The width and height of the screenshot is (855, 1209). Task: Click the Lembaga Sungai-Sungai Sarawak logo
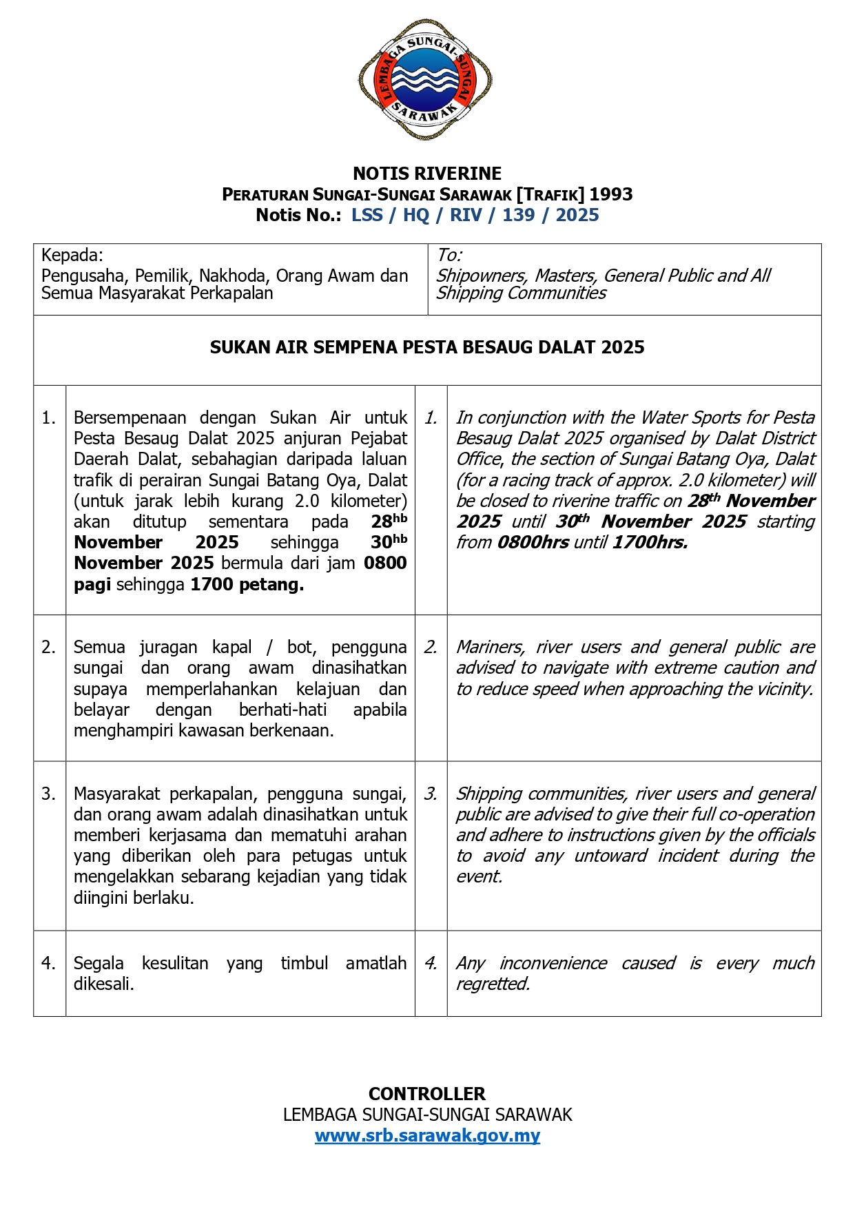coord(425,79)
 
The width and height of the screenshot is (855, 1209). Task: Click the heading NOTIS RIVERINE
coord(427,174)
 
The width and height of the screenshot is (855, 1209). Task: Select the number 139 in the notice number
coord(518,215)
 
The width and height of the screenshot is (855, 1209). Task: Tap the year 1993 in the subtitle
coord(610,194)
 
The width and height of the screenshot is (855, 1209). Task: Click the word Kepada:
coord(72,256)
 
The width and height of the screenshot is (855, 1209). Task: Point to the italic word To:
coord(449,256)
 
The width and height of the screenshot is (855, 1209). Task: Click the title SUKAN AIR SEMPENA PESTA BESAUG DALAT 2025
coord(427,347)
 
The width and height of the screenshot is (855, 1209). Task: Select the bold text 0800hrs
coord(533,543)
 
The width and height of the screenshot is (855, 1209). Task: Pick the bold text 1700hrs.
coord(649,543)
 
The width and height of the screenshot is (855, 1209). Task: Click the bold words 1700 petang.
coord(247,585)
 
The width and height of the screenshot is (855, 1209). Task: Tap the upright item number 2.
coord(48,648)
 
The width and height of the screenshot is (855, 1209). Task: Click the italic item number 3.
coord(431,794)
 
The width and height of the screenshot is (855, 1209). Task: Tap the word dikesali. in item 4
coord(104,984)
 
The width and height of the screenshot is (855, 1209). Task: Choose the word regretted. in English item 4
coord(493,984)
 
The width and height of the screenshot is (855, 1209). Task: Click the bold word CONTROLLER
coord(427,1094)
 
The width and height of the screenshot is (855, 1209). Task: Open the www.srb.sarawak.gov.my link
coord(427,1135)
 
